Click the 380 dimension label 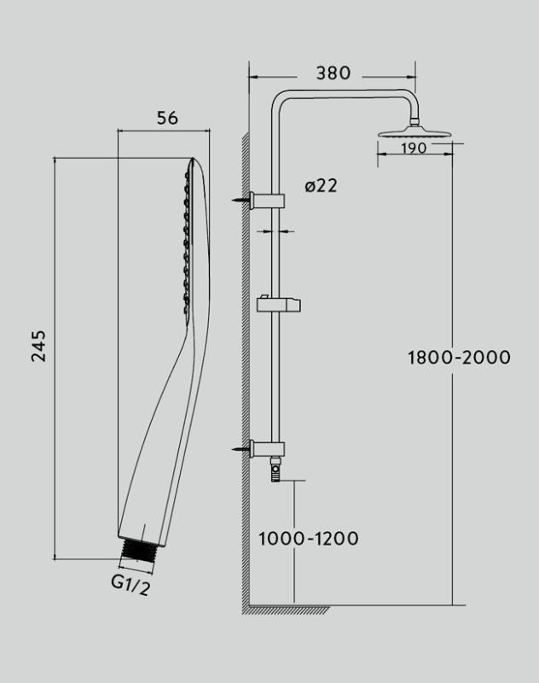click(333, 73)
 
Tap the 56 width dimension click(167, 118)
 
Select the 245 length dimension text click(38, 346)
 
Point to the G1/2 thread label click(131, 585)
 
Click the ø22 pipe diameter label click(321, 186)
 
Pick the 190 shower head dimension click(414, 149)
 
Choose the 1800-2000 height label click(459, 358)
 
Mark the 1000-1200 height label click(309, 539)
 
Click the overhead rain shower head click(415, 131)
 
